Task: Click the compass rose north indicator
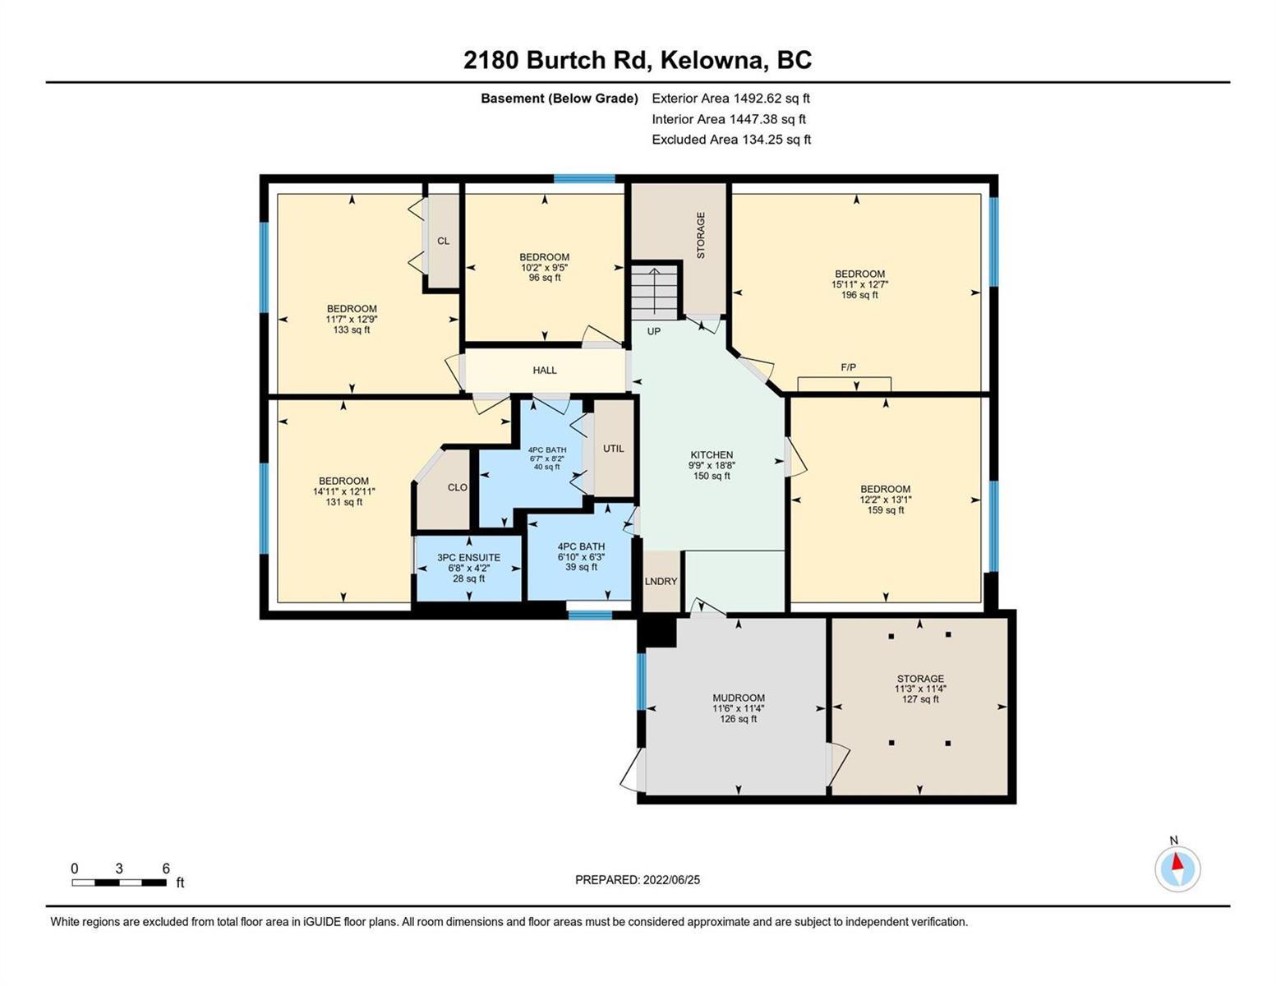1177,869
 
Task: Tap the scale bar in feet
119,882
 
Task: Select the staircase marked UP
655,292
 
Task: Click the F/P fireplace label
848,367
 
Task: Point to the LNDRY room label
661,582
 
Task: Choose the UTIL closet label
613,449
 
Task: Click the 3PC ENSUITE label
468,558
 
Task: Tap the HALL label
545,371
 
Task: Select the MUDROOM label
738,698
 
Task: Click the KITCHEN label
712,455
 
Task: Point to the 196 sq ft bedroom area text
859,295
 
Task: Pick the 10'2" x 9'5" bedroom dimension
545,267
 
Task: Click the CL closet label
444,241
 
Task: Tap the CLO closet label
458,487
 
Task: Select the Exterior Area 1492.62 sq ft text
730,99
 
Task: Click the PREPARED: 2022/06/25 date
638,880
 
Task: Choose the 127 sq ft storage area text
920,699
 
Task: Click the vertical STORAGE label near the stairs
701,236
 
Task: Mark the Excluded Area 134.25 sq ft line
731,140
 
